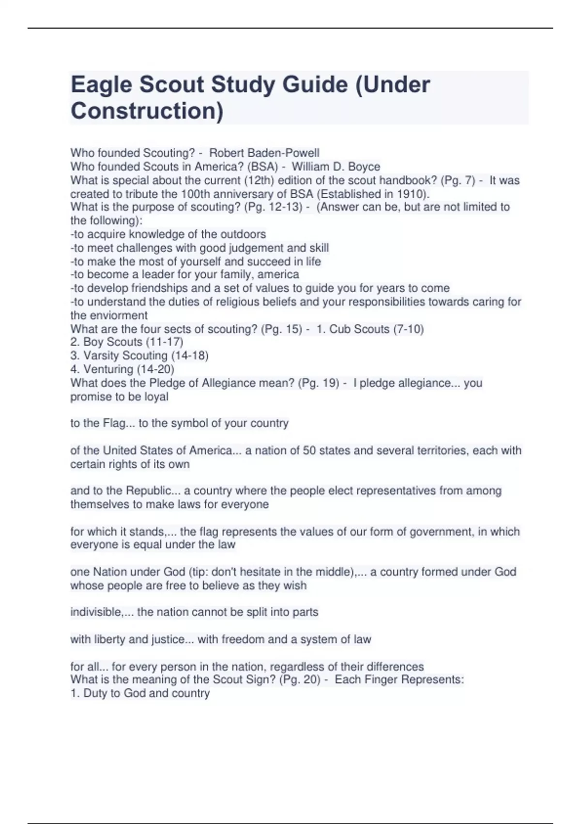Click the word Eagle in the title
(x=101, y=85)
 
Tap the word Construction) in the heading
(x=147, y=111)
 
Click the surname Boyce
(x=364, y=167)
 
